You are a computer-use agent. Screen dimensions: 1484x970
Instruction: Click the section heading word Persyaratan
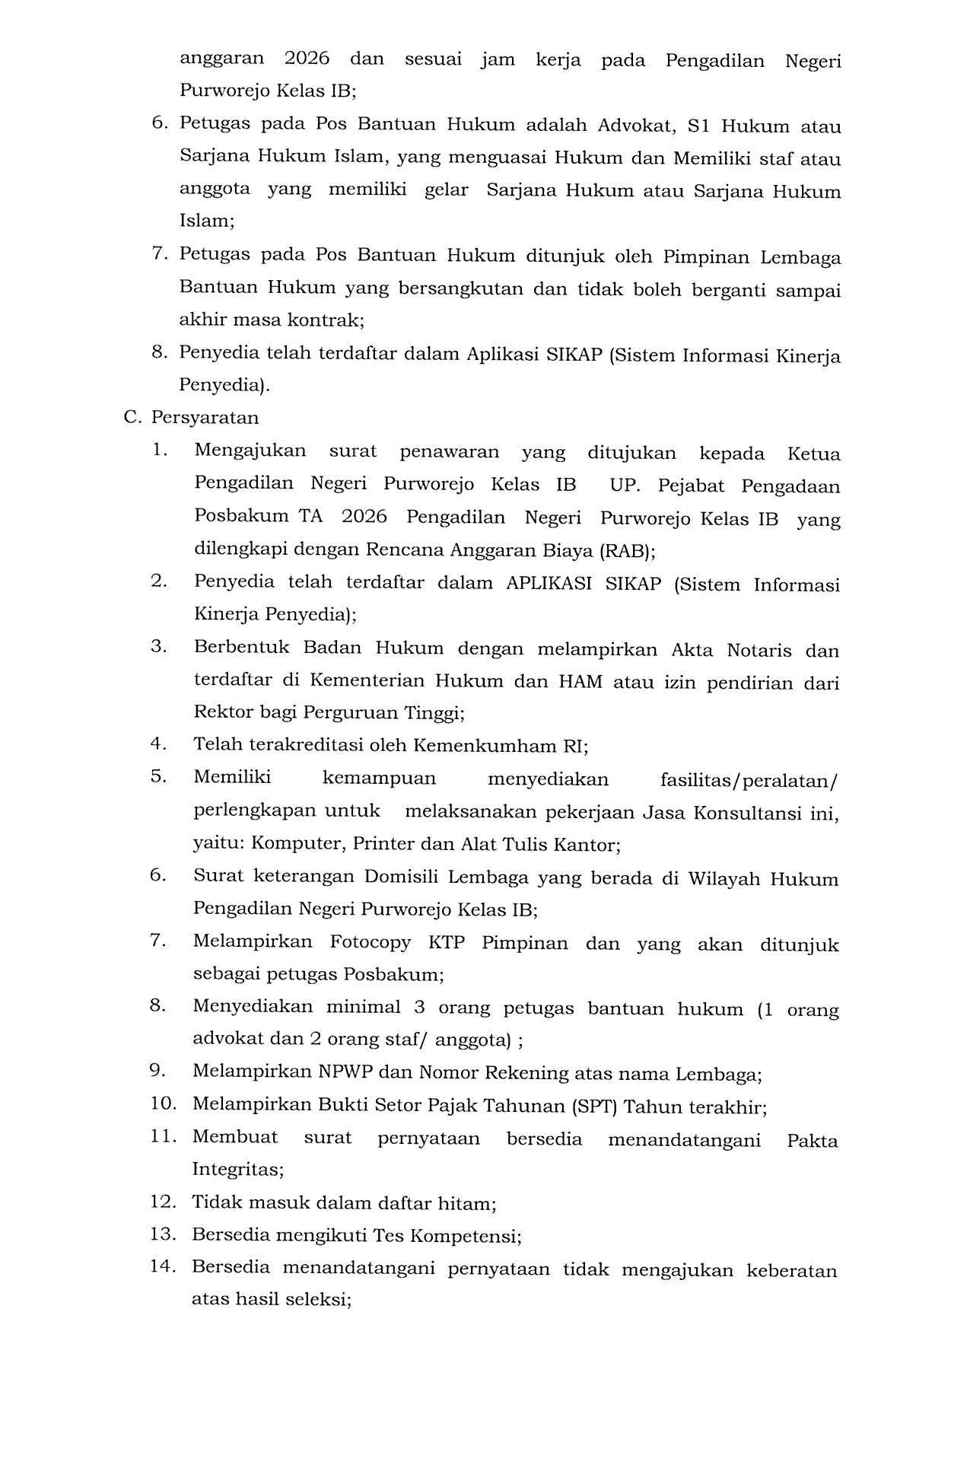click(205, 418)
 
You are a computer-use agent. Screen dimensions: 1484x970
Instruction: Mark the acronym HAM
click(580, 682)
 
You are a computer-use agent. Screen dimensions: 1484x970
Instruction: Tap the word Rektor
click(224, 713)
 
